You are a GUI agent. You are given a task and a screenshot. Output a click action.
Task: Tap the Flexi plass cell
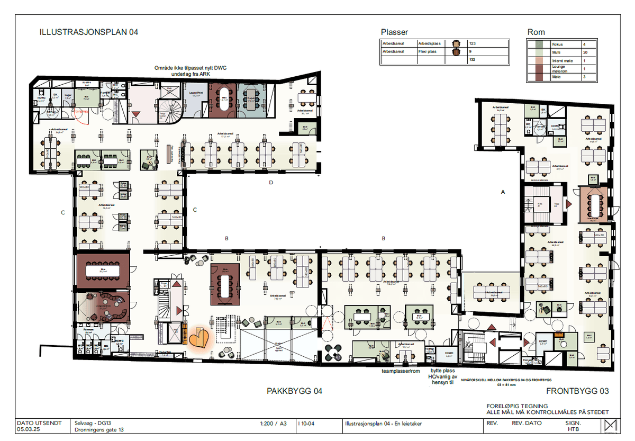(429, 52)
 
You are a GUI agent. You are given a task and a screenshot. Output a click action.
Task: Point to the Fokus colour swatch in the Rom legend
(538, 44)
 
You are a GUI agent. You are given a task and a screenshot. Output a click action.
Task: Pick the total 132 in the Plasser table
(473, 61)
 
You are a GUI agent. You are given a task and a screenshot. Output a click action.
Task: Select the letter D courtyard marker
(271, 183)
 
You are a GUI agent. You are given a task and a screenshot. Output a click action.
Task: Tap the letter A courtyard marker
(503, 193)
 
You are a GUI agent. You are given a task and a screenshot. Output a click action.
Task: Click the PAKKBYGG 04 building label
(294, 392)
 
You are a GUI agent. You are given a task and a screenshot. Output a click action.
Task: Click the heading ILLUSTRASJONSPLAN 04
(89, 32)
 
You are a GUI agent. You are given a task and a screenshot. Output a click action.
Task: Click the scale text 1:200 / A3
(274, 424)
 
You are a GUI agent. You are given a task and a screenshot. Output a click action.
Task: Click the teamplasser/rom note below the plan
(401, 371)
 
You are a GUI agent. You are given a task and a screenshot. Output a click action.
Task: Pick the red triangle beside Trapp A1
(569, 203)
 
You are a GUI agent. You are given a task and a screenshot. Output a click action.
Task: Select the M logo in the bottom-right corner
(610, 426)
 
